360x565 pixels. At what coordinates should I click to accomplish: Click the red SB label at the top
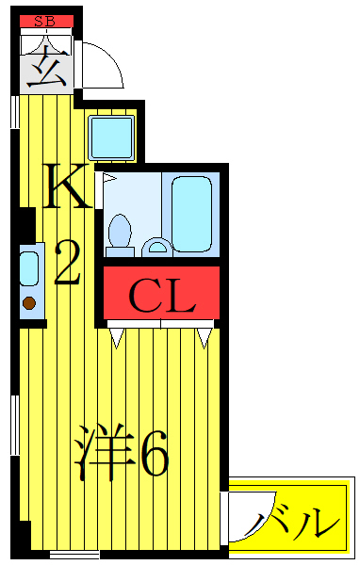[44, 21]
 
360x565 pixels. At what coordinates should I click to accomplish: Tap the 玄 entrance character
[45, 69]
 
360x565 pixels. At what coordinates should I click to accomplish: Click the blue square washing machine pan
[113, 137]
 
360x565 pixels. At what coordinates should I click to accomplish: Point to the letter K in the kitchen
[68, 187]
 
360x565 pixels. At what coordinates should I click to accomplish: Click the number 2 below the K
[69, 263]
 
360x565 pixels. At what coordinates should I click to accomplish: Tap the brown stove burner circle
[29, 303]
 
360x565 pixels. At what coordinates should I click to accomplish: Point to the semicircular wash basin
[157, 248]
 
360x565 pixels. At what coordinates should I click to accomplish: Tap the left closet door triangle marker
[117, 336]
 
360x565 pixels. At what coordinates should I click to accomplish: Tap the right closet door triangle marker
[204, 336]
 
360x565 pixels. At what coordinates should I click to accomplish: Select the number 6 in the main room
[154, 456]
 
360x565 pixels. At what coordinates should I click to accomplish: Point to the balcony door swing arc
[247, 518]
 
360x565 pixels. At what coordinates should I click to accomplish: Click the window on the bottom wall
[74, 556]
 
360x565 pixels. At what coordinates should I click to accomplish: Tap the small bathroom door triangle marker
[108, 177]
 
